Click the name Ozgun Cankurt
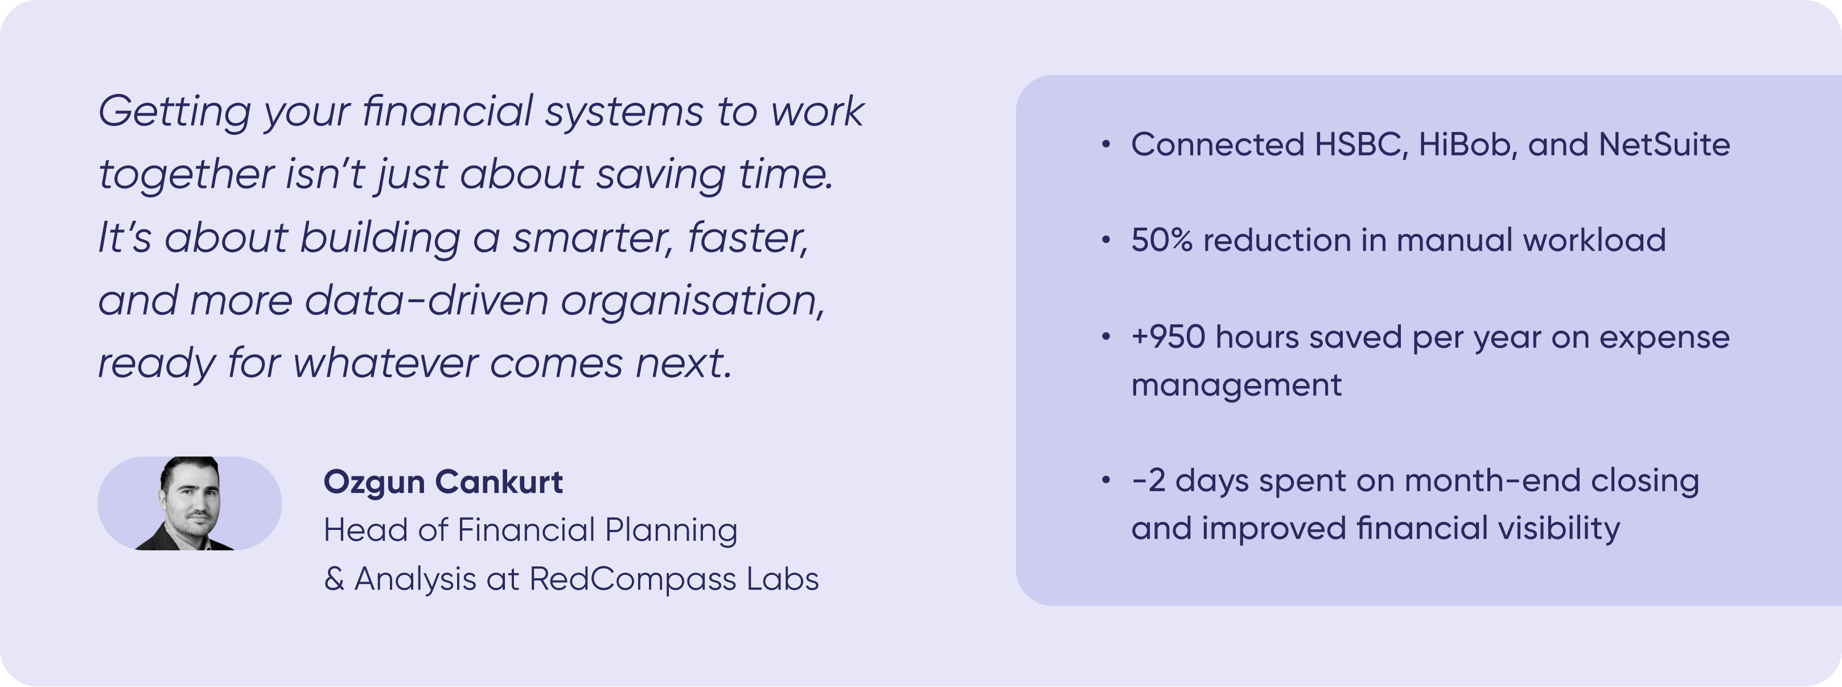(443, 483)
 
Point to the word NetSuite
(1664, 145)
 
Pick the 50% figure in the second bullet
(1162, 240)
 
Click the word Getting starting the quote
(175, 113)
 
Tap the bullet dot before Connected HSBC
(1106, 145)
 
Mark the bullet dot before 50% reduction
(1106, 240)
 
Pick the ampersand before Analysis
(334, 579)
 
